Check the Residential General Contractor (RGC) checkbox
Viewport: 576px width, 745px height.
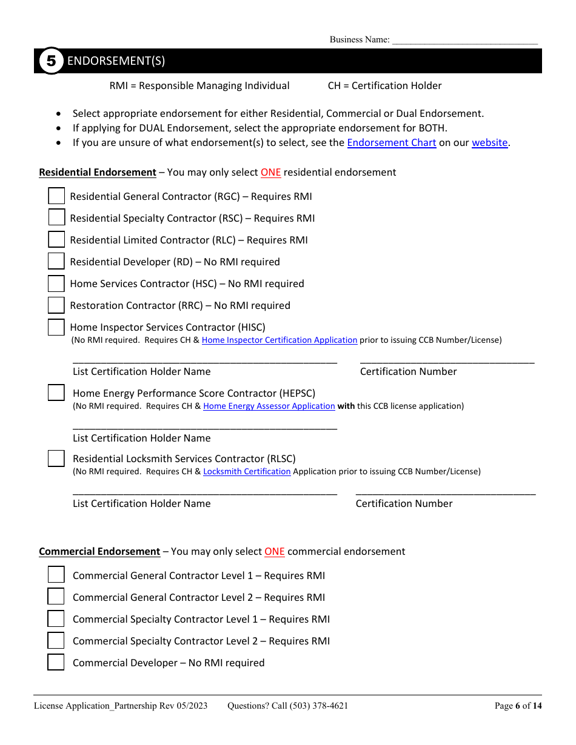click(x=56, y=196)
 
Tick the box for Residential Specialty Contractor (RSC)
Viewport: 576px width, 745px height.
click(x=56, y=217)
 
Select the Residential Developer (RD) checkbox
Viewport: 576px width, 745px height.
click(x=56, y=261)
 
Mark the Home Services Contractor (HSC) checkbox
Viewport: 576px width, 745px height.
click(x=56, y=283)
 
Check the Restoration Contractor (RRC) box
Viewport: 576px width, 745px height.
click(x=56, y=305)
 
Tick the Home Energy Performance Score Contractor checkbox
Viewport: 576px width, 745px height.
click(x=56, y=393)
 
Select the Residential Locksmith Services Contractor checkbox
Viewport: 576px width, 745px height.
click(x=56, y=459)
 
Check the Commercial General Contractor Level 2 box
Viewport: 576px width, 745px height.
click(x=56, y=597)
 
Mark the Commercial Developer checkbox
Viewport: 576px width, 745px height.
click(x=56, y=662)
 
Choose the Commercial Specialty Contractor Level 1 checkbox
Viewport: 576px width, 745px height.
click(x=56, y=618)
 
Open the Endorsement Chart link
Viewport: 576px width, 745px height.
click(x=391, y=143)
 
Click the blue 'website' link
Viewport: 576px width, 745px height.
click(x=489, y=143)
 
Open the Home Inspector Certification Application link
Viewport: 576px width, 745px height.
click(x=279, y=340)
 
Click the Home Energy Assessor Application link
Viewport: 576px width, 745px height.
click(x=269, y=406)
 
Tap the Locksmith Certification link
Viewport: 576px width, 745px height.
click(x=247, y=472)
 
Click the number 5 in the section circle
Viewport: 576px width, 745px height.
click(x=52, y=61)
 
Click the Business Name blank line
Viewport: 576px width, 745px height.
click(x=464, y=41)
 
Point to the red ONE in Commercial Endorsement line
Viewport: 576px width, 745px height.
click(x=274, y=552)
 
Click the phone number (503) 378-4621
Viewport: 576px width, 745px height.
click(x=319, y=706)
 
